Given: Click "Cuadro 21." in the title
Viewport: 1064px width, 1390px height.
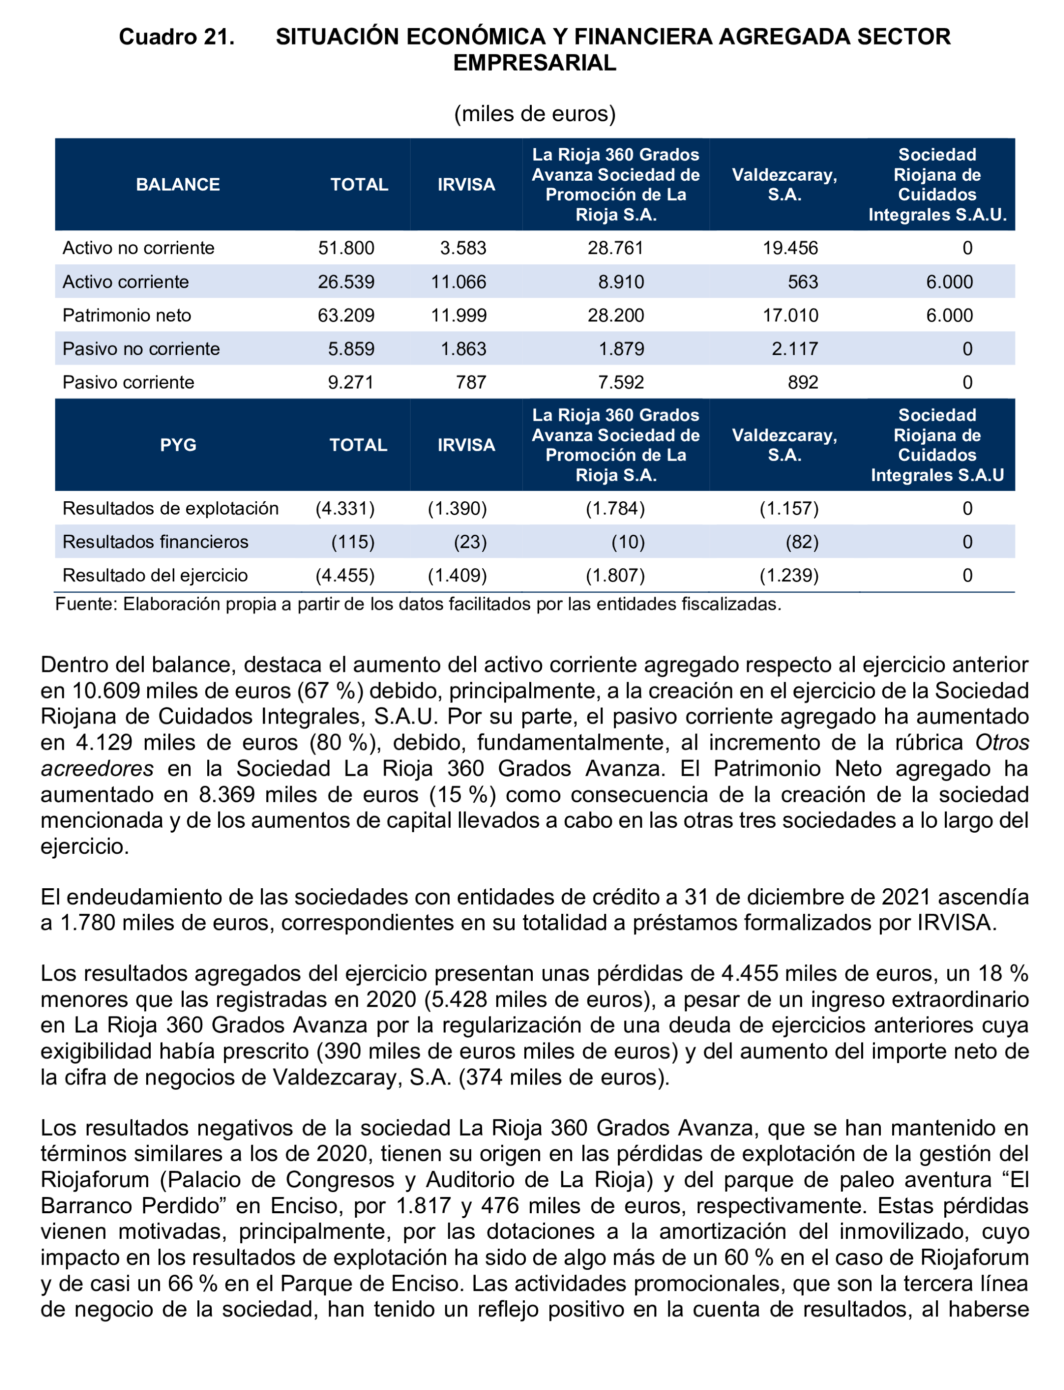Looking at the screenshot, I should pyautogui.click(x=176, y=37).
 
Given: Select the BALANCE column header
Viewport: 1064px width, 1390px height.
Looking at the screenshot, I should pyautogui.click(x=178, y=184).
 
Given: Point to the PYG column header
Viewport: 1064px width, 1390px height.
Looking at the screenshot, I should pyautogui.click(x=178, y=445).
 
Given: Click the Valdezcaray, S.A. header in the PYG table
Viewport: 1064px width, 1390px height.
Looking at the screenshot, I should pyautogui.click(x=784, y=445).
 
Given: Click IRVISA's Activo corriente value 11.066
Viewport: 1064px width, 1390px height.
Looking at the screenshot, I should pyautogui.click(x=459, y=281).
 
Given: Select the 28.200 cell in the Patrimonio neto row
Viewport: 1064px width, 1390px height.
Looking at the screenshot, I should pyautogui.click(x=615, y=315).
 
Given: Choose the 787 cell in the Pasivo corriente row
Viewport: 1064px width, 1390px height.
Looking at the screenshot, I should pyautogui.click(x=471, y=382).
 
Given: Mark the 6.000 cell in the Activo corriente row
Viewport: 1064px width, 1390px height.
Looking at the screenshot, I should pyautogui.click(x=949, y=281).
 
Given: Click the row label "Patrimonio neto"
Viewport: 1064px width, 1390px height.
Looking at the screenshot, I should pyautogui.click(x=127, y=315).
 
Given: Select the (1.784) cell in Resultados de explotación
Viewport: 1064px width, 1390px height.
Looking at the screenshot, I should pyautogui.click(x=615, y=509).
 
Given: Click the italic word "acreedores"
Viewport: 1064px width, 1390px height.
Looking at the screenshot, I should pyautogui.click(x=97, y=768).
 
